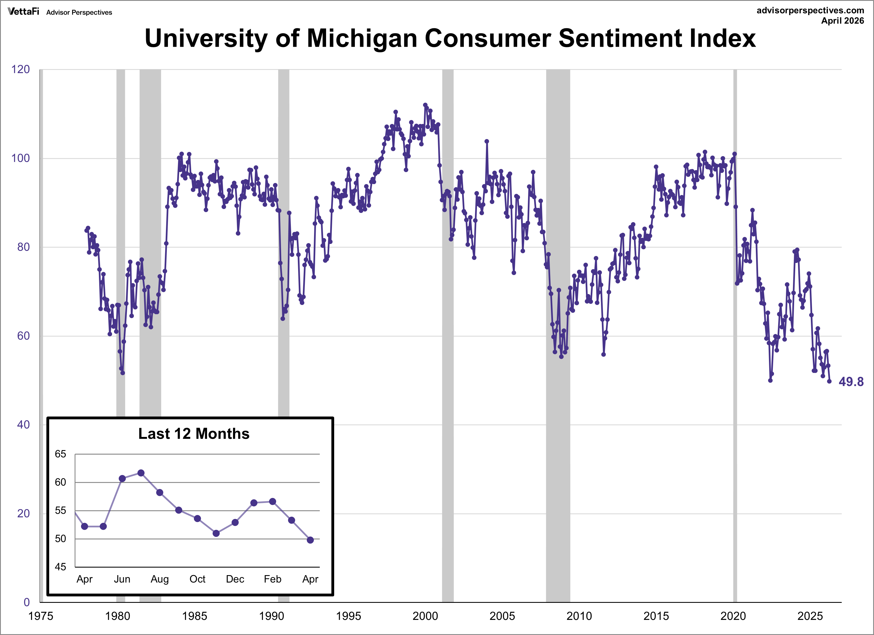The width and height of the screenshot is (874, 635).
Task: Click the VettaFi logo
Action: (x=23, y=11)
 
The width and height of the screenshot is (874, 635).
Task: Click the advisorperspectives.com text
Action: (x=810, y=10)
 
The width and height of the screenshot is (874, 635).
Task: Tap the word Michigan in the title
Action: (x=362, y=39)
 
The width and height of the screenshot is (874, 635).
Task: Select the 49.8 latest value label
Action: (x=851, y=382)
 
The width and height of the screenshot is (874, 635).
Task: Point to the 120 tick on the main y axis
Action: (x=20, y=69)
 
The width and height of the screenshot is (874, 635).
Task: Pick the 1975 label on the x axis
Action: (x=41, y=616)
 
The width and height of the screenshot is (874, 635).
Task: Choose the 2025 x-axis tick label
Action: (x=810, y=616)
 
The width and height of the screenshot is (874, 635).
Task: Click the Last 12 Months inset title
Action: (x=194, y=434)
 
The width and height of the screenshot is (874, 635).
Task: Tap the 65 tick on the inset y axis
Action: (x=61, y=454)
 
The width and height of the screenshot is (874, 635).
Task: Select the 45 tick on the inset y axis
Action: (x=61, y=567)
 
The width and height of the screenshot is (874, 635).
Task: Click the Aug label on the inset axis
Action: (x=160, y=579)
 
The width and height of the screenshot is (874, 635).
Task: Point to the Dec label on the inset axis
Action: (x=235, y=579)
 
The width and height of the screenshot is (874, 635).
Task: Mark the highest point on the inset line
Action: (x=141, y=473)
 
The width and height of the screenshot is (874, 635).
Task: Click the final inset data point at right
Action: (x=310, y=540)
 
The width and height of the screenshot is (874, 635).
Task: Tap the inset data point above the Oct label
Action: (x=197, y=519)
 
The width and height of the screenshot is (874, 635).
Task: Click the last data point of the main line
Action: (x=829, y=381)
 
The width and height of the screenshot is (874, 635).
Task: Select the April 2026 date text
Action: (x=842, y=21)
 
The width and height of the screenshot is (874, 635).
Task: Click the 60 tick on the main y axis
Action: (x=23, y=336)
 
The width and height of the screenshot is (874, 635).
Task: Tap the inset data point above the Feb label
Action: (x=272, y=502)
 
